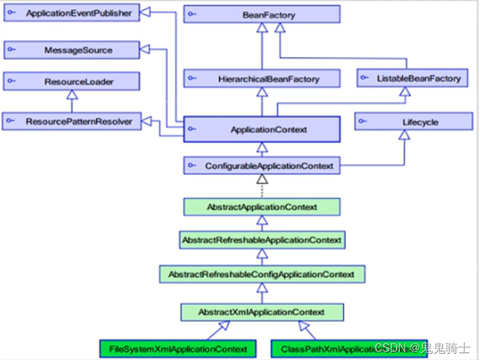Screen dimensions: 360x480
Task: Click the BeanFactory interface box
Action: [262, 14]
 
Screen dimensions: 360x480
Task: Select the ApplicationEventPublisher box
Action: [71, 13]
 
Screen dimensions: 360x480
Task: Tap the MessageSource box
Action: [71, 50]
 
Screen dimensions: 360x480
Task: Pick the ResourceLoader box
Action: [71, 81]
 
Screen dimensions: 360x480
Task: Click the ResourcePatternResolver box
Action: [71, 121]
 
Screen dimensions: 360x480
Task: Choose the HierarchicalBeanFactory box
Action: [262, 79]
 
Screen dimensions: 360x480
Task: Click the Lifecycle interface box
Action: [414, 122]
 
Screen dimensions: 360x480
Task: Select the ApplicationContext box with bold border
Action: [262, 130]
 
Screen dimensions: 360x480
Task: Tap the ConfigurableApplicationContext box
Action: [262, 166]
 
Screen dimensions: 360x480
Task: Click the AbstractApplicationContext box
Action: [262, 207]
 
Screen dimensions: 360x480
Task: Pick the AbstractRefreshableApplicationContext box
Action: [262, 240]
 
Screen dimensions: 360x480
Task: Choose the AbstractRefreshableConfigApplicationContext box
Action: [262, 274]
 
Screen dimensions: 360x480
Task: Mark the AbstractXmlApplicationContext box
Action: [262, 312]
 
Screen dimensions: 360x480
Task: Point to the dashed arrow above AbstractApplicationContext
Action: [262, 186]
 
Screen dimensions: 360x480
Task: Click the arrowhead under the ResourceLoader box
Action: [72, 95]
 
